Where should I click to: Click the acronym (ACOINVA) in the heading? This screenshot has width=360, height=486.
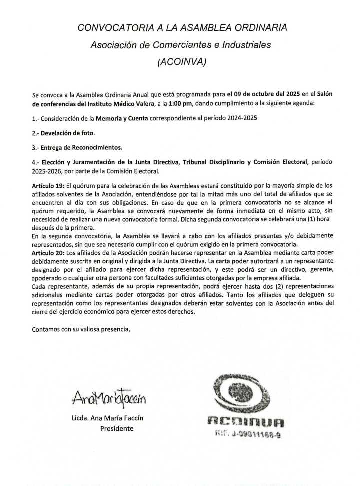pyautogui.click(x=181, y=62)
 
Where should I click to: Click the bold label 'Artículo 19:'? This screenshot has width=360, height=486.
pyautogui.click(x=48, y=185)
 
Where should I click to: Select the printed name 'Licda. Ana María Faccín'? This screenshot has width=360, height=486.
pyautogui.click(x=110, y=419)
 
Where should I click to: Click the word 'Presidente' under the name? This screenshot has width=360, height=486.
pyautogui.click(x=117, y=429)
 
